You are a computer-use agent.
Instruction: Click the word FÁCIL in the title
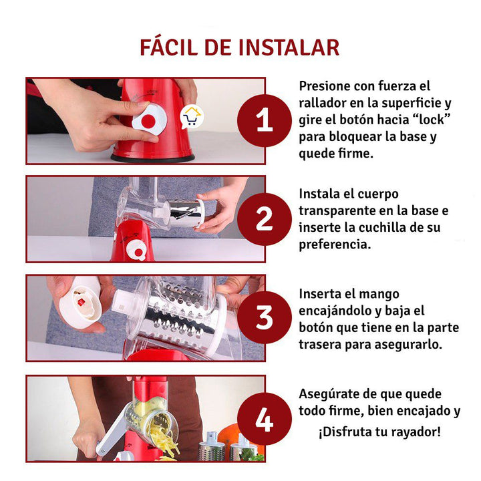coord(169,47)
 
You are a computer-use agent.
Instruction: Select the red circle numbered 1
coord(264,120)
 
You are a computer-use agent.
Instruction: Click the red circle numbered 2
coord(264,219)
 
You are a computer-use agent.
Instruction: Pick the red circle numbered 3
coord(264,317)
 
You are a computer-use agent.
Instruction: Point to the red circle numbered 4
coord(264,419)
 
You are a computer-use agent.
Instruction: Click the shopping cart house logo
coord(192,117)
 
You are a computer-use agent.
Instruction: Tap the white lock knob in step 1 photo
coord(150,120)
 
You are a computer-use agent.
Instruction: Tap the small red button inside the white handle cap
coord(81,302)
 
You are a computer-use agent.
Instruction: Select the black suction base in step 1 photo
coord(153,158)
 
